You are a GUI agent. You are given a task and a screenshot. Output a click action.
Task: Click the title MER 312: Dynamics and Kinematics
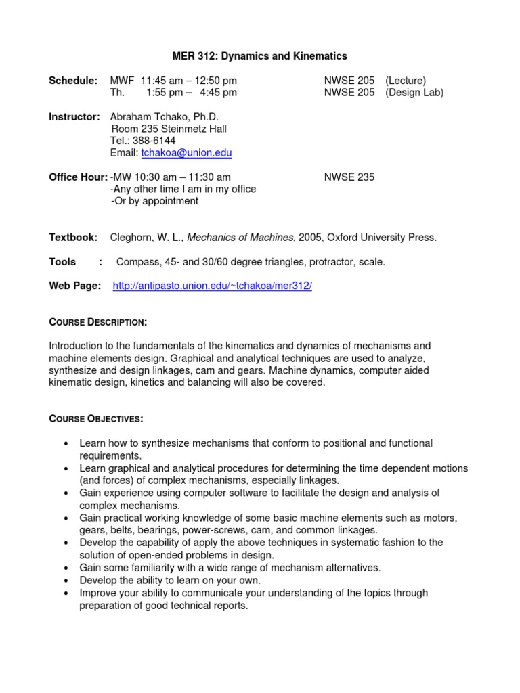pyautogui.click(x=260, y=56)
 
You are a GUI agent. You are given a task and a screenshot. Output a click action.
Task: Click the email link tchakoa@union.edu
pyautogui.click(x=186, y=153)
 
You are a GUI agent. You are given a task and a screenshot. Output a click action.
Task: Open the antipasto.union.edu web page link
pyautogui.click(x=212, y=286)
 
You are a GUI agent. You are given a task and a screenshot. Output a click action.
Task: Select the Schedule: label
pyautogui.click(x=73, y=81)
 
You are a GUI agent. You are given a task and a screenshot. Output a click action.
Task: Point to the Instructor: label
pyautogui.click(x=74, y=117)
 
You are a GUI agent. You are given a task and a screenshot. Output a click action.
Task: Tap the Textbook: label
pyautogui.click(x=74, y=238)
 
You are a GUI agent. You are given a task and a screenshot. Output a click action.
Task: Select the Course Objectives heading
pyautogui.click(x=95, y=419)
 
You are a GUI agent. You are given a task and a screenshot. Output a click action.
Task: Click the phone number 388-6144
pyautogui.click(x=158, y=141)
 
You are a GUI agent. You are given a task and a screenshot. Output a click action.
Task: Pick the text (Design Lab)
pyautogui.click(x=414, y=93)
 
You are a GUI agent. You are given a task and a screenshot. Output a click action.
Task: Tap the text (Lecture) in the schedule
pyautogui.click(x=406, y=81)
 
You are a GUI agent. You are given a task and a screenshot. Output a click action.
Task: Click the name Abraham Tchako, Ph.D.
pyautogui.click(x=165, y=117)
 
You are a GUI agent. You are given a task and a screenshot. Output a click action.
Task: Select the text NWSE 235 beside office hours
pyautogui.click(x=349, y=177)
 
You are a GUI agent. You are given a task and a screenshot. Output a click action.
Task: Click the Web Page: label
pyautogui.click(x=75, y=286)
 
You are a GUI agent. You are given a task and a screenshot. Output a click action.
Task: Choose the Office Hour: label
pyautogui.click(x=78, y=177)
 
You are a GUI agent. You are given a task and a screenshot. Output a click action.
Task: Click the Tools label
pyautogui.click(x=62, y=262)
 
